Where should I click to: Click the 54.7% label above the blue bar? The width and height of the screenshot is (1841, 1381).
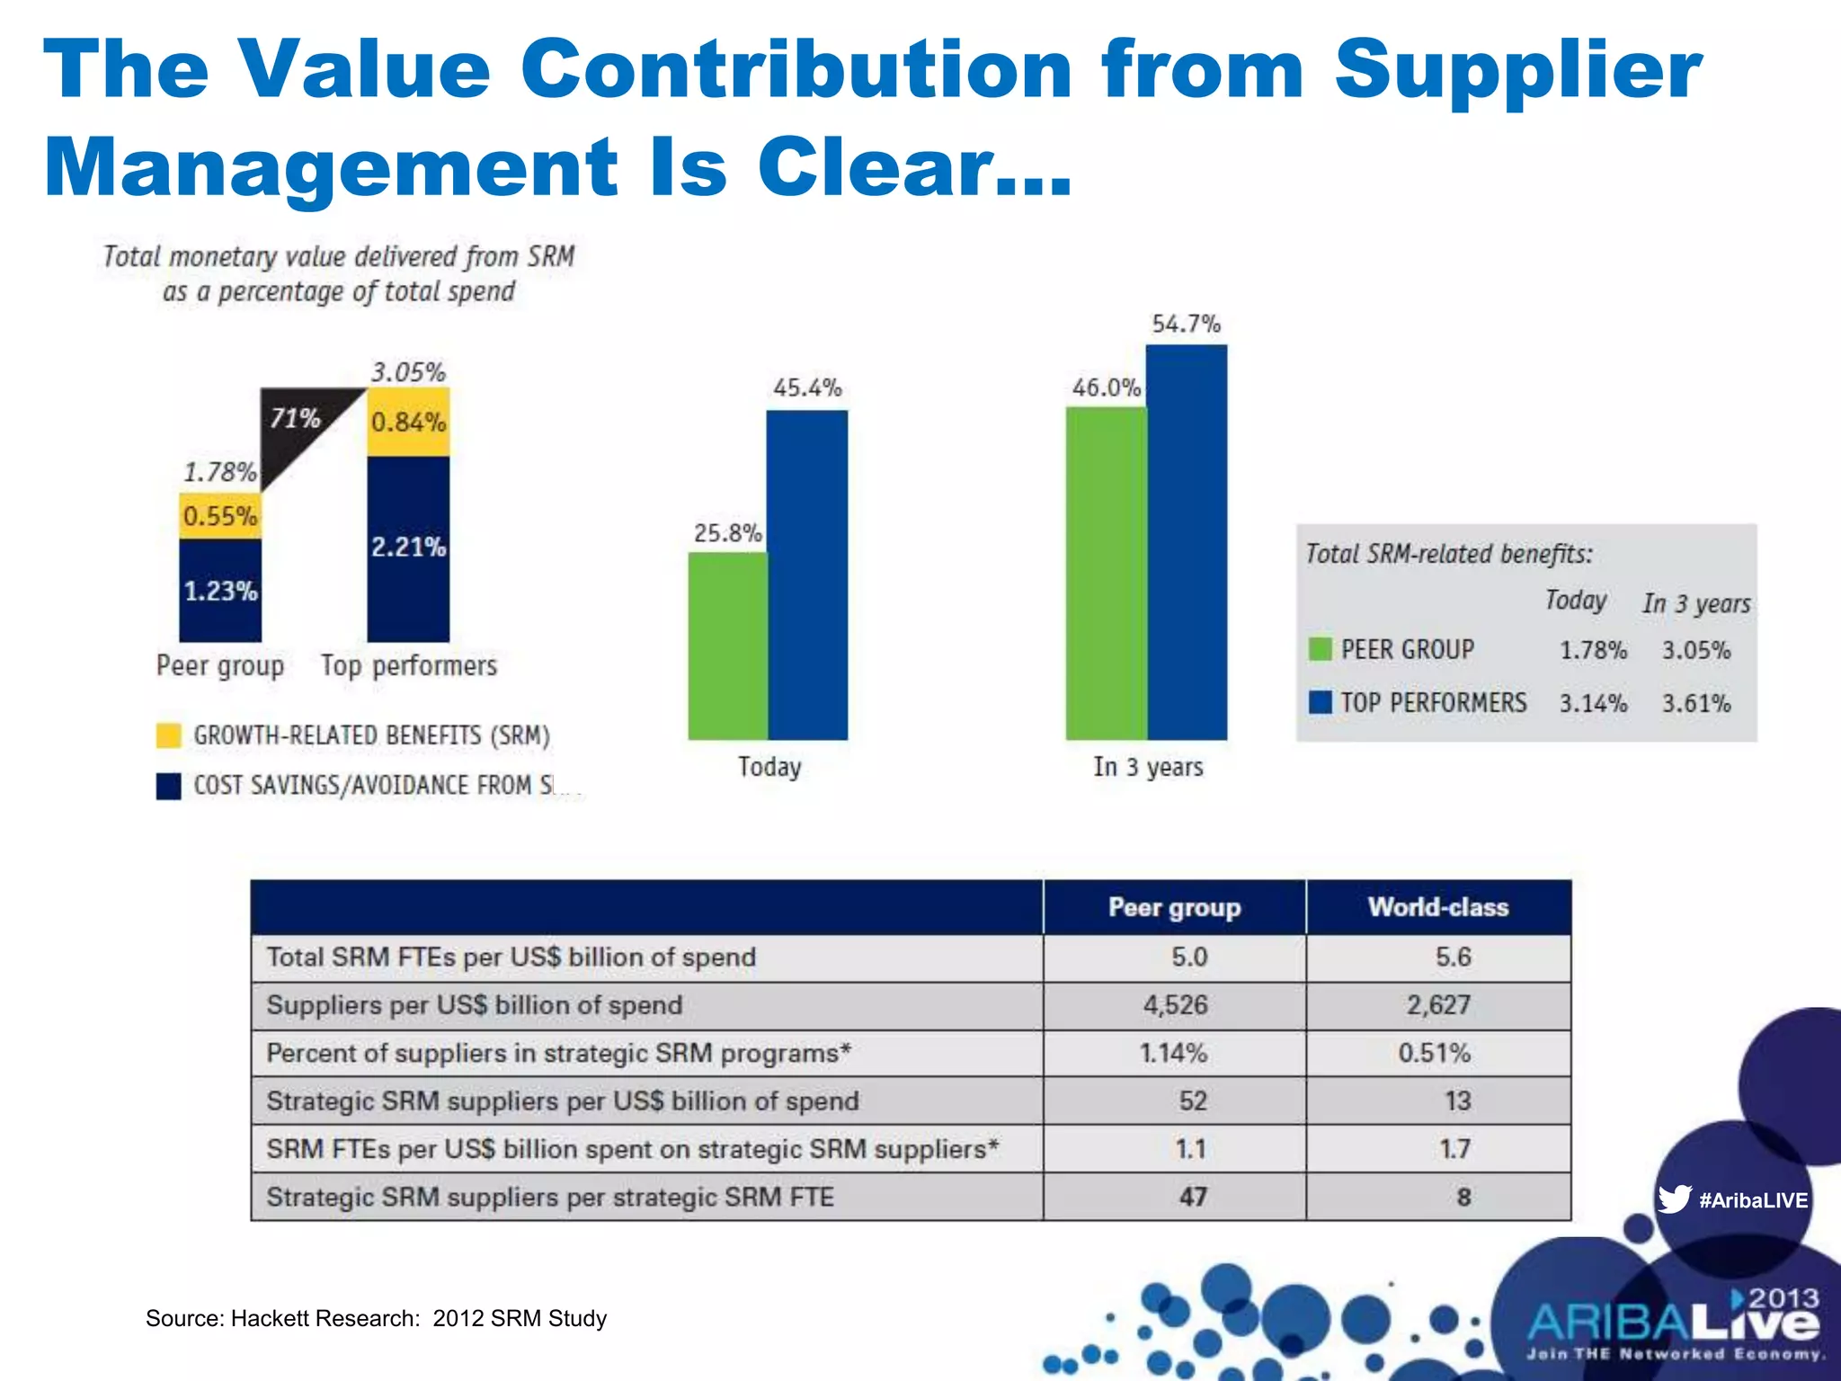[1186, 324]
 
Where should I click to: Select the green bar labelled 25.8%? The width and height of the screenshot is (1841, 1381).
[727, 646]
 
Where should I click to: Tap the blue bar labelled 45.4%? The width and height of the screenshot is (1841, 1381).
[807, 575]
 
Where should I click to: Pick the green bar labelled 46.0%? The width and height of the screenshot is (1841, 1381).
[1106, 574]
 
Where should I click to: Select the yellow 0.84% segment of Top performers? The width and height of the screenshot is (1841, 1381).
[408, 422]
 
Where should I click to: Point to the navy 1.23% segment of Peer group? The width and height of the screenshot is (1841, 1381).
[220, 591]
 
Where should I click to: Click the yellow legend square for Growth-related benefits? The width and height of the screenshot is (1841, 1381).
[168, 735]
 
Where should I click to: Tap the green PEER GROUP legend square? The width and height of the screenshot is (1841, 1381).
[1320, 649]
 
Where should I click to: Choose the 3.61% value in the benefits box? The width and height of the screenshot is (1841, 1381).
[1695, 703]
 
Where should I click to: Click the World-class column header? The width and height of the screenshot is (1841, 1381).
[1437, 907]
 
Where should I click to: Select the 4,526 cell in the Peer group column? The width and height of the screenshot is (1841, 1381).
[1174, 1005]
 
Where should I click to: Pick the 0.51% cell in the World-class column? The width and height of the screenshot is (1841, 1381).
[1434, 1053]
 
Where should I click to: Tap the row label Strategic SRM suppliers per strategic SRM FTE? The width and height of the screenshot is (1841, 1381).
[550, 1197]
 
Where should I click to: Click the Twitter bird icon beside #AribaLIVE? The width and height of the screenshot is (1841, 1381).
[1674, 1199]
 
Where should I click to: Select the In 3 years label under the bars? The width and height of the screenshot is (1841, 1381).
[1147, 767]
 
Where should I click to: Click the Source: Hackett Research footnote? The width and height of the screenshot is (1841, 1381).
[376, 1318]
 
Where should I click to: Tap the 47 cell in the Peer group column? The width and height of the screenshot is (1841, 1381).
[1192, 1197]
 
